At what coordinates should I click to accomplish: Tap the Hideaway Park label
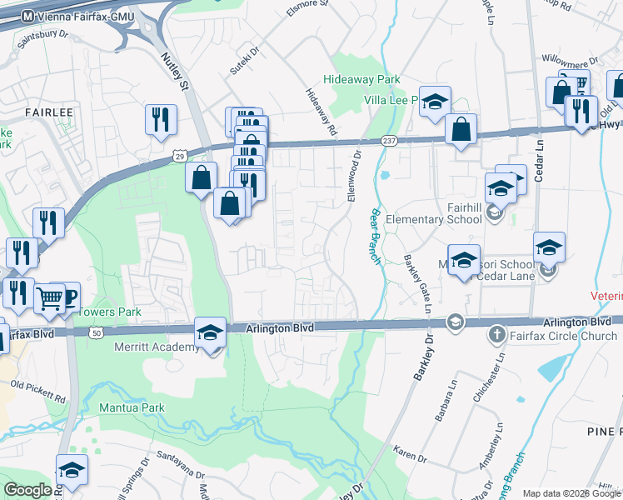coord(362,80)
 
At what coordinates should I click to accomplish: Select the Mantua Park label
coord(132,407)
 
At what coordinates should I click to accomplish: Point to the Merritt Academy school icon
coord(211,332)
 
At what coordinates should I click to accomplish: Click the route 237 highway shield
coord(389,141)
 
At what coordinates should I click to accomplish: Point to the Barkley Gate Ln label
coord(417,284)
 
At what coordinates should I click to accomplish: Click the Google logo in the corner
coord(28,489)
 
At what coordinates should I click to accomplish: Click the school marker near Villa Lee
coord(434,102)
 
